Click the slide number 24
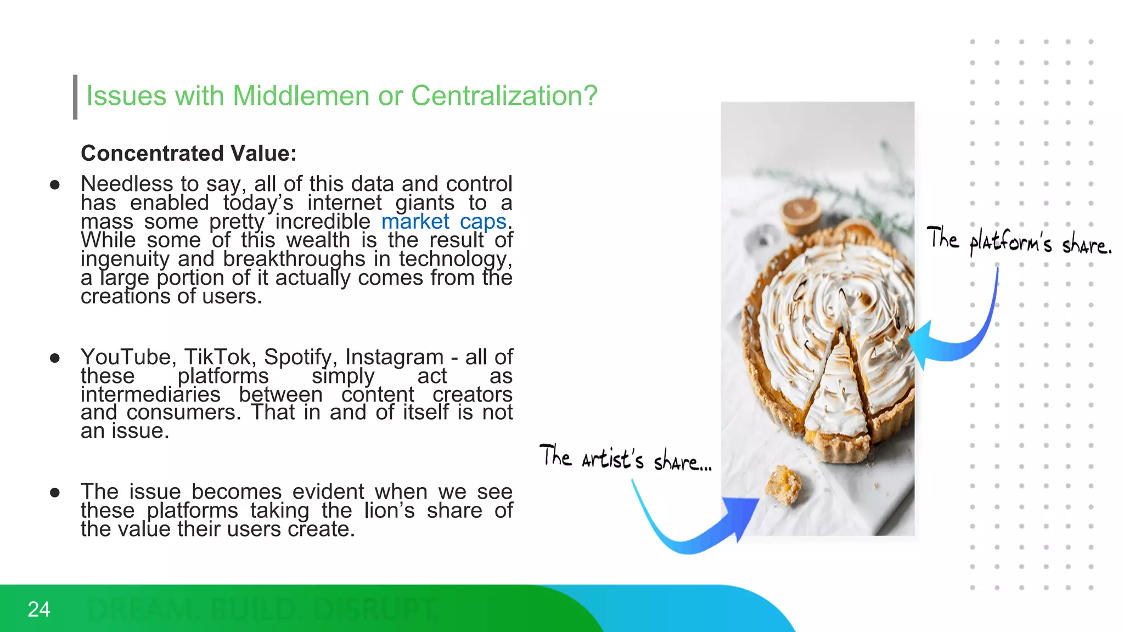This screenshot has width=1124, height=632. coord(39,610)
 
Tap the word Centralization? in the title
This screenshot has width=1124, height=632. coord(504,96)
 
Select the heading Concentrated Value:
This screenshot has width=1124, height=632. coord(188,153)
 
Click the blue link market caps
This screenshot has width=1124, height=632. coord(443,222)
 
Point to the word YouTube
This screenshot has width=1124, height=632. coord(126,357)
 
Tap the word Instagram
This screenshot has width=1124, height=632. coord(394,357)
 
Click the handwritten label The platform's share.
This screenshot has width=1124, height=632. coord(1018,241)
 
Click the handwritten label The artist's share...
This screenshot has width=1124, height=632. coord(625,458)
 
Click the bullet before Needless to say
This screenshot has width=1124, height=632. coord(54,185)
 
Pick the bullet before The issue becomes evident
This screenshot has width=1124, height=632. coord(54,493)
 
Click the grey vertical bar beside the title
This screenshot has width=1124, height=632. coord(75,97)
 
